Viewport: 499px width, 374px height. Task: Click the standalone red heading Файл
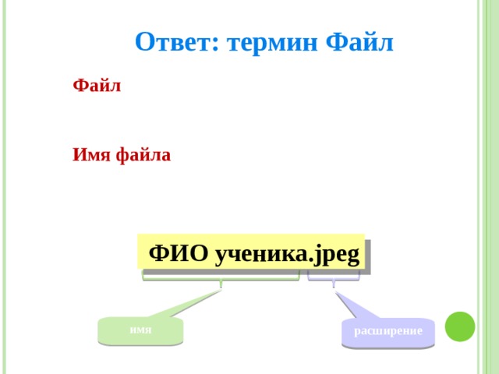[x=97, y=86]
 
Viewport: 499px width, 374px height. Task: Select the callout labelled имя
[x=140, y=330]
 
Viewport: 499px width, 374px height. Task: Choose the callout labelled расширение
[x=388, y=331]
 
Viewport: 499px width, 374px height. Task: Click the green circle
[x=460, y=326]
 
